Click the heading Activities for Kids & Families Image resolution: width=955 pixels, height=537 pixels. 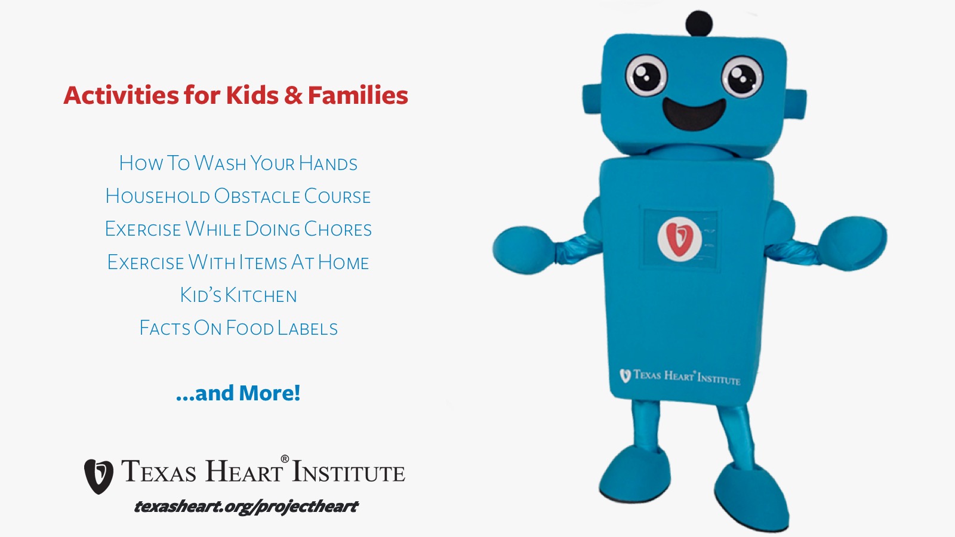coord(236,95)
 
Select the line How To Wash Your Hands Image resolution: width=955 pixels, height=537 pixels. coord(238,163)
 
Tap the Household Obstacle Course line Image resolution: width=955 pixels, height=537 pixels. coord(238,196)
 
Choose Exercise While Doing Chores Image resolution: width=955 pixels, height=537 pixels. coord(238,229)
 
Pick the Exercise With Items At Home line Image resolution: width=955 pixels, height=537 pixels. coord(238,262)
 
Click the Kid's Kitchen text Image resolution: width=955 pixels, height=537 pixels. coord(238,295)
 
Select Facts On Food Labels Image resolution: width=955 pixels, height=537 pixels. coord(238,328)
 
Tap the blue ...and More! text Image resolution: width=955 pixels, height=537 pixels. coord(238,393)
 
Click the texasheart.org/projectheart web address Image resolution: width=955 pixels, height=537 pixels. coord(246,507)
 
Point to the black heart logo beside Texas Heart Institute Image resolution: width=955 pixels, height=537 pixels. coord(98,476)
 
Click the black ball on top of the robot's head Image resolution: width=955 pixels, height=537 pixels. coord(699,24)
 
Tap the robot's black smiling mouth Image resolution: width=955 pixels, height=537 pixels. coord(694,114)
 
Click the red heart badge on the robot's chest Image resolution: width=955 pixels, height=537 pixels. coord(680,238)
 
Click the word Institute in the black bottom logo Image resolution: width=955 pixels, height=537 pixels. coord(349,472)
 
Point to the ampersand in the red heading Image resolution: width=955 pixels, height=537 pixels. coord(293,95)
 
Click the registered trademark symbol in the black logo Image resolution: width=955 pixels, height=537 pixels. coord(285,459)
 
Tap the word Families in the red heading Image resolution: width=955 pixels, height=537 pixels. coord(358,95)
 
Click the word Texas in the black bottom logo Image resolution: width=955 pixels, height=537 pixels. coord(159,471)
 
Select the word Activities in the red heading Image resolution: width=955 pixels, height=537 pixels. coord(121,95)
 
